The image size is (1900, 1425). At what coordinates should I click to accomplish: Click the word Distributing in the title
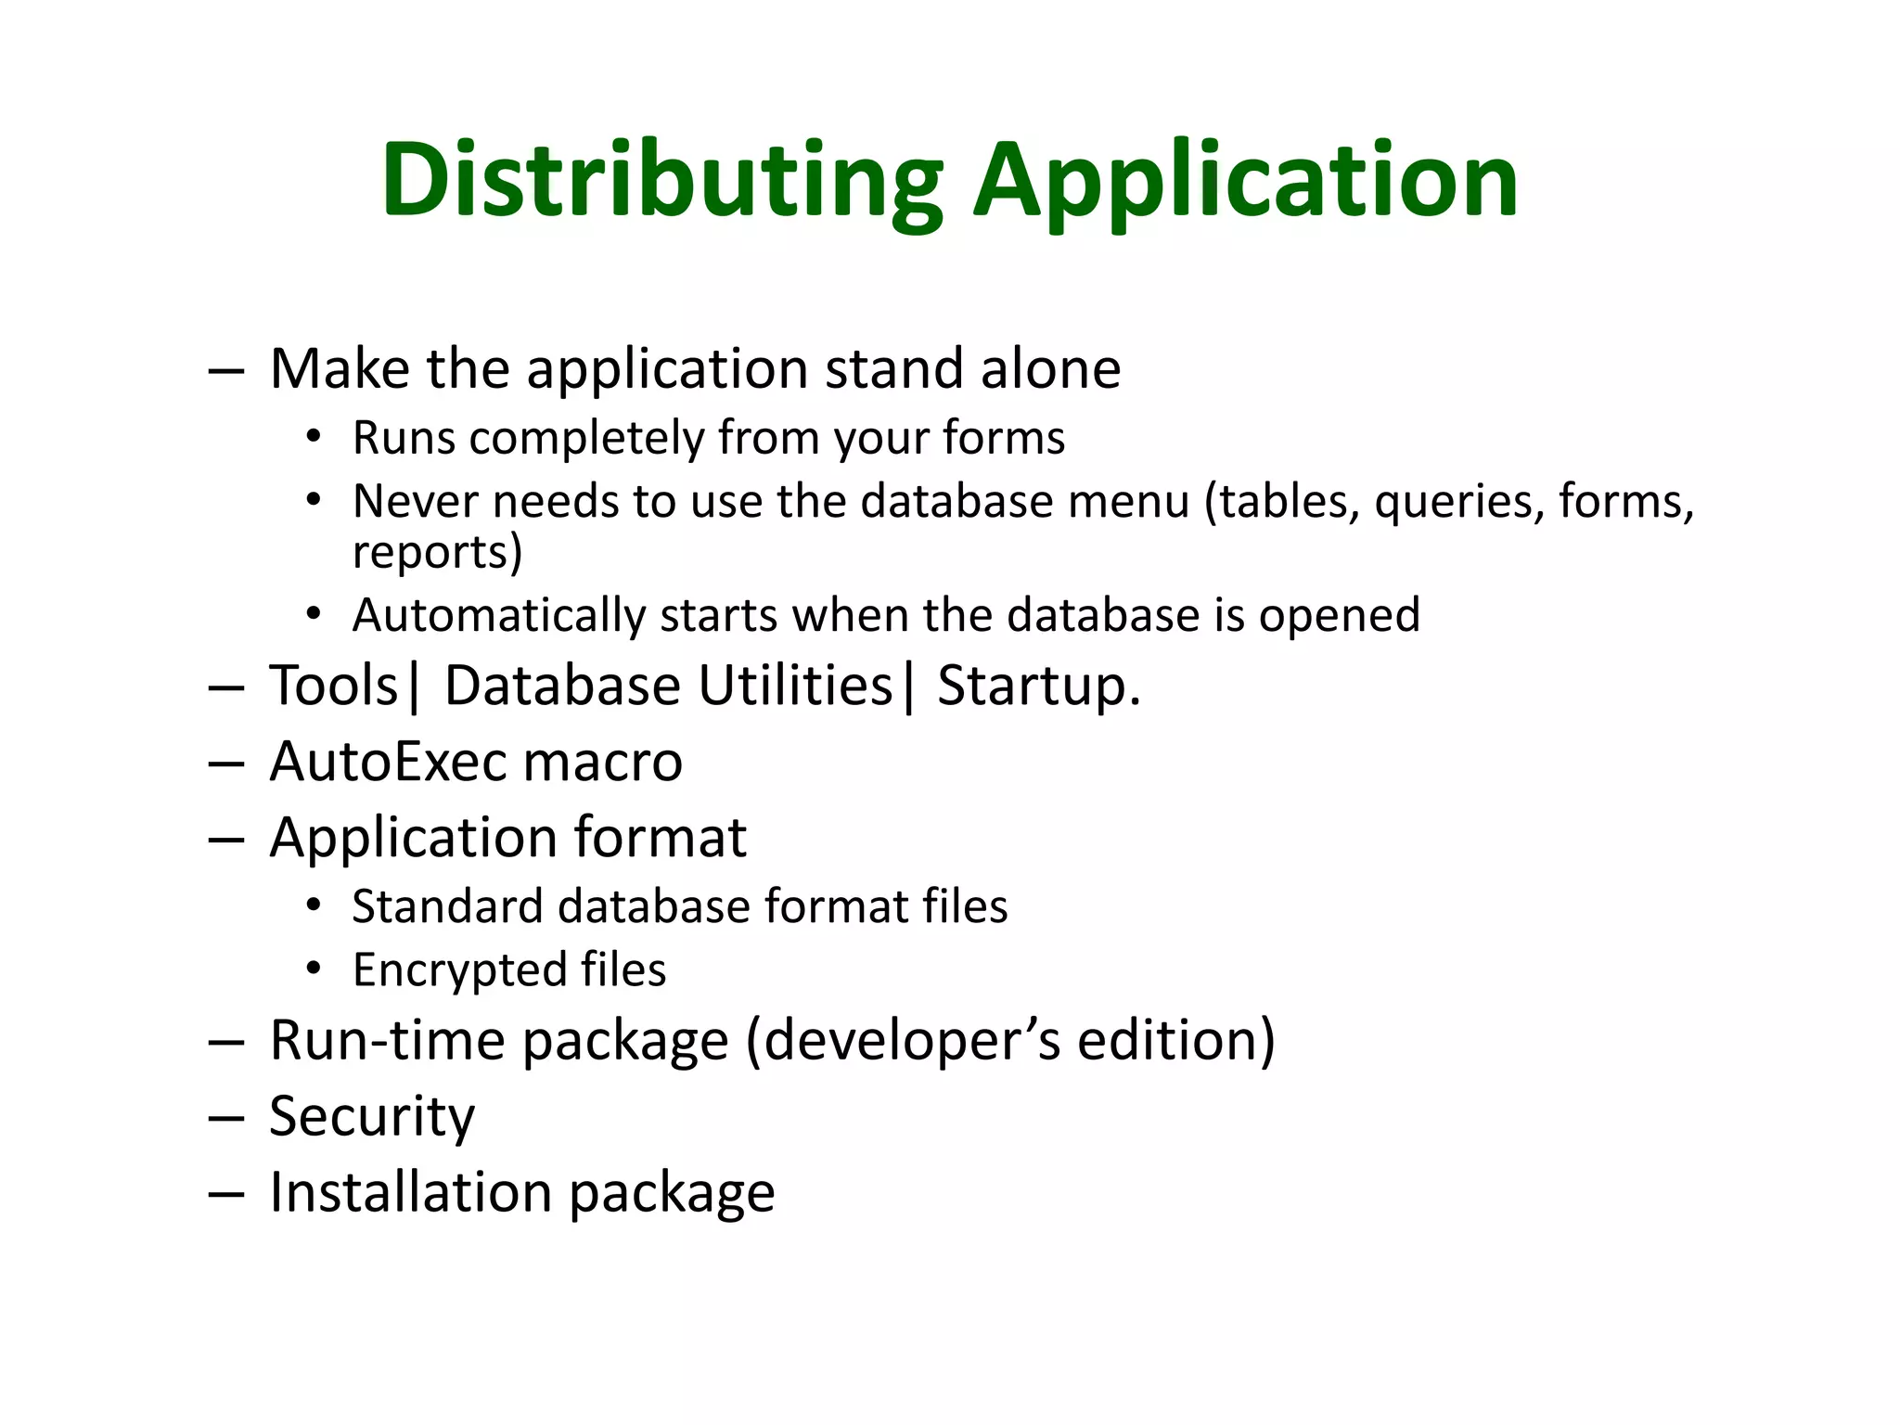[x=661, y=181]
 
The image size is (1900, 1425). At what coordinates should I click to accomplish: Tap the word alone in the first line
[x=1050, y=368]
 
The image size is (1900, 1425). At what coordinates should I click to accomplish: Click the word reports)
[x=437, y=553]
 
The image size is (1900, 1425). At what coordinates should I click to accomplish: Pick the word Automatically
[x=499, y=616]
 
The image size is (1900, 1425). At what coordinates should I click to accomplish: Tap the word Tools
[x=333, y=687]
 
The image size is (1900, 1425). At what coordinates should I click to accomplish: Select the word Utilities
[x=795, y=687]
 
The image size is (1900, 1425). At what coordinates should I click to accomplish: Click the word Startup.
[x=1038, y=687]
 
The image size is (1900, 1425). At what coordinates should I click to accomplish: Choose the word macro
[x=602, y=762]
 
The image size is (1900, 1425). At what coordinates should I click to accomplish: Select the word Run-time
[x=388, y=1040]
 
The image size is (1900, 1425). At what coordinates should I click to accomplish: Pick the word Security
[x=372, y=1116]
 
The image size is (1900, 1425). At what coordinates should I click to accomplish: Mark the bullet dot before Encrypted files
[x=315, y=969]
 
